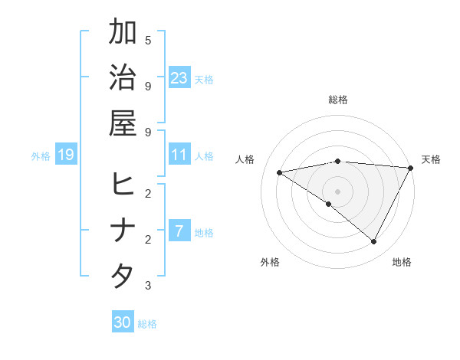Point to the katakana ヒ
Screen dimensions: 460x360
[x=123, y=184]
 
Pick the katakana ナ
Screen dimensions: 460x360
[x=123, y=230]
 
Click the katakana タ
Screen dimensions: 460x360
[x=123, y=275]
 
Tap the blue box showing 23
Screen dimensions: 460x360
[x=179, y=77]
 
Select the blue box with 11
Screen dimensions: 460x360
[x=179, y=155]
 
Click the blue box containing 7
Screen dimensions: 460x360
[x=179, y=231]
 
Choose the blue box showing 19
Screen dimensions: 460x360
[x=66, y=155]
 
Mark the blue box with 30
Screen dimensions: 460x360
[x=123, y=322]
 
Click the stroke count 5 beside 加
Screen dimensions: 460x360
[x=148, y=40]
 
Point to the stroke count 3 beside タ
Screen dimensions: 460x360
[x=148, y=286]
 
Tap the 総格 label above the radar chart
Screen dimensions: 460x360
[x=338, y=100]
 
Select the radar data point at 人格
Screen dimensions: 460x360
[x=280, y=172]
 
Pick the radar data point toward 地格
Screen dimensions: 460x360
[x=373, y=242]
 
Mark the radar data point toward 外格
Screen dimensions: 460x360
[x=328, y=204]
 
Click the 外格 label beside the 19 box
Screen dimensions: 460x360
[x=41, y=155]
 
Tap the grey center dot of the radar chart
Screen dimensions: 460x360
[x=338, y=191]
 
